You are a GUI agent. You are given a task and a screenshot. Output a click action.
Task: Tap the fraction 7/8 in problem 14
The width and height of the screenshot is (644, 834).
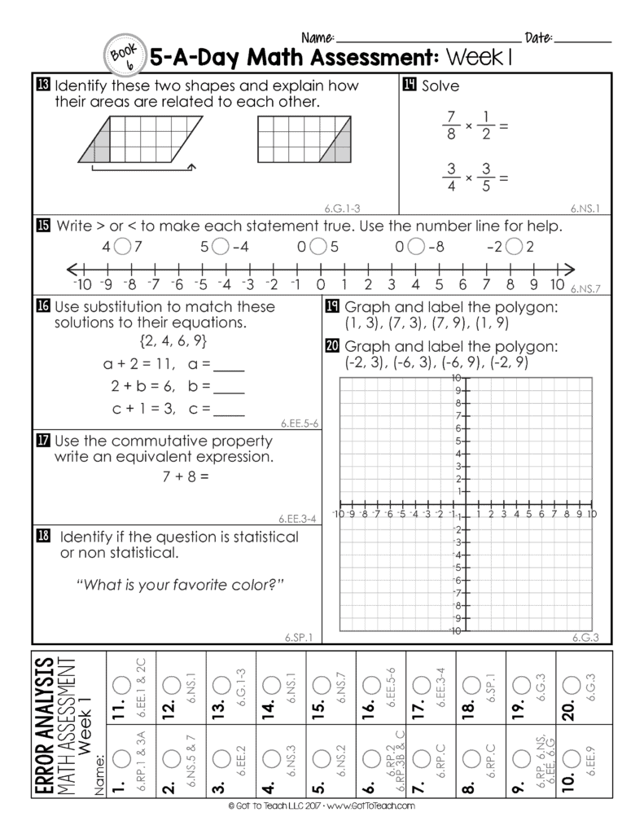tap(453, 125)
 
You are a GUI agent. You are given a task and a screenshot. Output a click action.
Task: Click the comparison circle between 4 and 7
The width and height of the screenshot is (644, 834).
tap(122, 246)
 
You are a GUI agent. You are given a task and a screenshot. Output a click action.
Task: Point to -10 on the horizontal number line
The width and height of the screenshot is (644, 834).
tap(81, 284)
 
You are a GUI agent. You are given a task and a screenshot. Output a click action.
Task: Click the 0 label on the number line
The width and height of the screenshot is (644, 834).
tap(321, 284)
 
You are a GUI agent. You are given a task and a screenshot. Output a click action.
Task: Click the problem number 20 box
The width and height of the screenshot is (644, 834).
tap(332, 345)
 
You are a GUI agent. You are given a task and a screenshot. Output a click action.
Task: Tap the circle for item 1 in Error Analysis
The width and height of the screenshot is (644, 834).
tap(120, 758)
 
